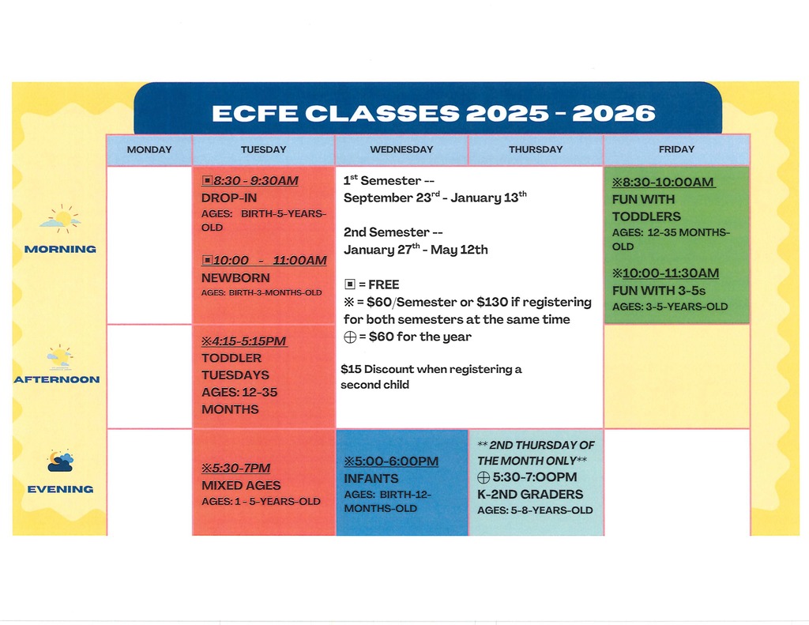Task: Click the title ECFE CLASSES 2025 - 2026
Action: (x=434, y=113)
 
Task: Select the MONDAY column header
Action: (x=149, y=149)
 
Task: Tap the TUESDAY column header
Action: (x=264, y=149)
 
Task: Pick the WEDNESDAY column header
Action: (x=401, y=149)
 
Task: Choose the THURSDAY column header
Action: (x=536, y=149)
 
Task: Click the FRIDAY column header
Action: (x=676, y=149)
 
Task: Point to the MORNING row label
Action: (x=60, y=249)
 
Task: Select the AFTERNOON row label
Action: (x=57, y=379)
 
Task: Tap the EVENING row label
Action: (x=60, y=489)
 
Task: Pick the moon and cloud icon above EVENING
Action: (x=60, y=460)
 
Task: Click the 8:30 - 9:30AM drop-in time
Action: (x=254, y=181)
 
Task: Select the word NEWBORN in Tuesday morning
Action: (x=235, y=278)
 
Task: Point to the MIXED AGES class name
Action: (x=241, y=485)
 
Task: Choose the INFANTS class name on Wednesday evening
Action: (x=371, y=479)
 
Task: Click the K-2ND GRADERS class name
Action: (x=529, y=495)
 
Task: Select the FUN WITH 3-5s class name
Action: (x=659, y=291)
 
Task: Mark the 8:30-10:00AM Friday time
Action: (x=668, y=183)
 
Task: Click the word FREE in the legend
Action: (x=384, y=284)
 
